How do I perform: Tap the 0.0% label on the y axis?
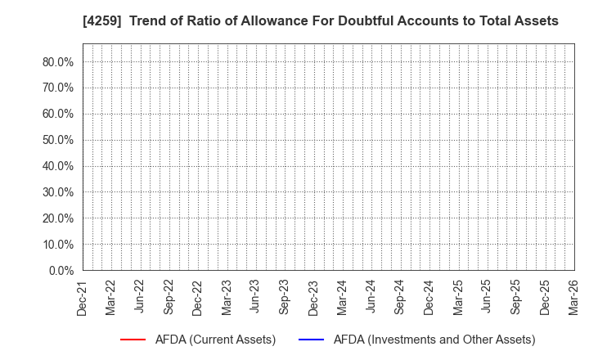coord(61,270)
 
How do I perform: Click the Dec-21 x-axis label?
coord(82,297)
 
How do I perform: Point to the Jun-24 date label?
coord(371,297)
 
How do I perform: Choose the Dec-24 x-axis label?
coord(429,297)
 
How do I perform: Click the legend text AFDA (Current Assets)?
coord(214,340)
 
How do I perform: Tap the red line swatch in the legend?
coord(133,340)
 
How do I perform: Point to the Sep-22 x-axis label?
coord(169,297)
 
